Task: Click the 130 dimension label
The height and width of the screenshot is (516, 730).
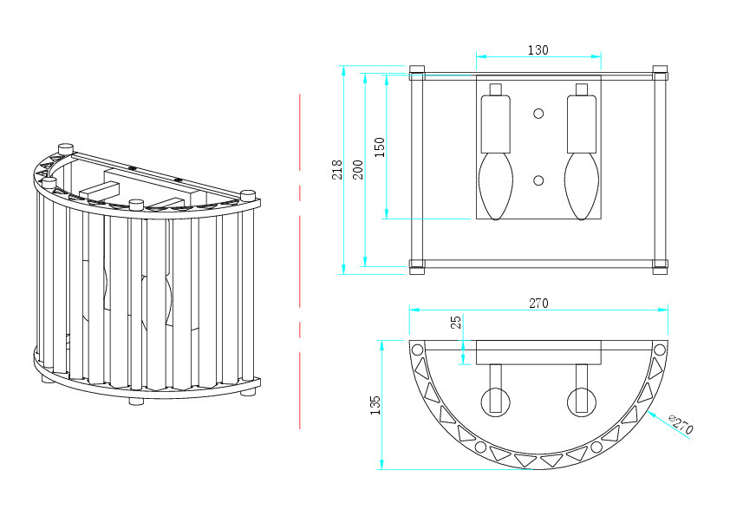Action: click(x=538, y=49)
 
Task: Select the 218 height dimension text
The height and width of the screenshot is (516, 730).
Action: click(x=336, y=169)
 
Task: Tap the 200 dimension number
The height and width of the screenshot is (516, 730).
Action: click(x=357, y=169)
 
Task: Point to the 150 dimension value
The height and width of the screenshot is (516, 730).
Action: click(x=380, y=147)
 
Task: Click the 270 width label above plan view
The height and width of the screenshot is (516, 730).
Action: click(x=538, y=304)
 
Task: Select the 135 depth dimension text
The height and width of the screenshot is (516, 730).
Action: click(x=375, y=405)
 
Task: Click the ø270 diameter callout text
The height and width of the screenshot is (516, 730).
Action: click(x=681, y=424)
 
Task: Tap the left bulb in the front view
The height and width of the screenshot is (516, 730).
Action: click(x=496, y=186)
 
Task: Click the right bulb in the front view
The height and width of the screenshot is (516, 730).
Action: click(x=582, y=186)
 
